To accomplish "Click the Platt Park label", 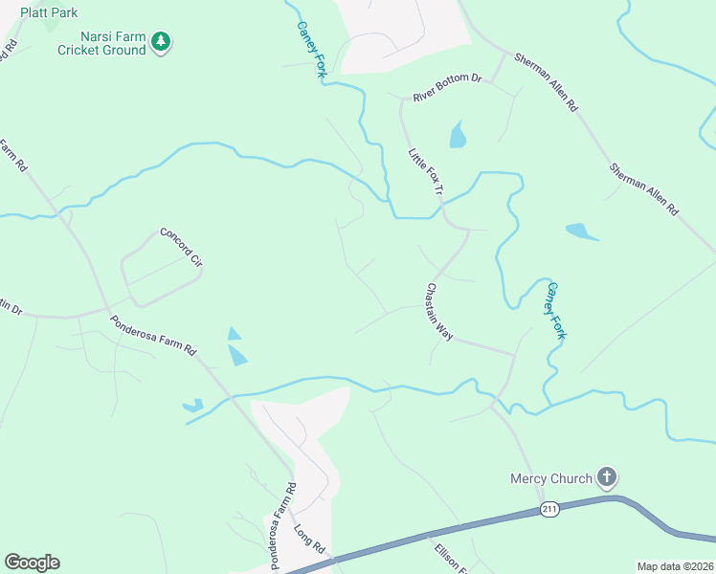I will pos(49,13).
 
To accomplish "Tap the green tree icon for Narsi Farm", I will pos(162,41).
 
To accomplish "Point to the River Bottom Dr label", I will pos(447,88).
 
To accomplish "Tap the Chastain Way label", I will pos(439,312).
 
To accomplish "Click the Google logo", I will pos(32,563).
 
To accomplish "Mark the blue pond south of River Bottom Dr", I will pos(458,135).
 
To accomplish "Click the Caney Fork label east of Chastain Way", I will pos(556,310).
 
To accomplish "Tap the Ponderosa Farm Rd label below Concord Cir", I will pos(152,336).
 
